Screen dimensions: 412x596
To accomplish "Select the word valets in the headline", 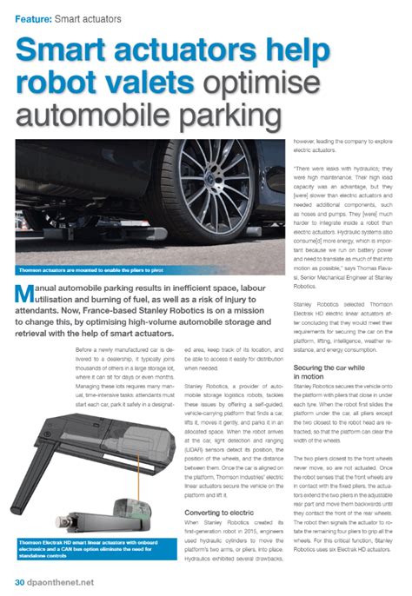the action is pos(157,82).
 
